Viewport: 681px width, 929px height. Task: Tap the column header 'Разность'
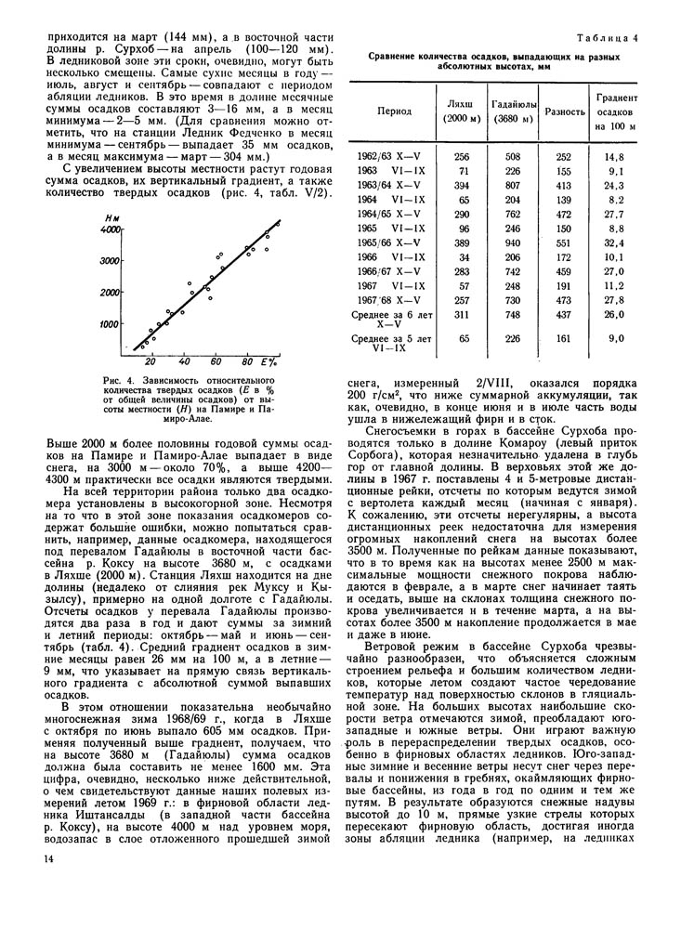tap(564, 111)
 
